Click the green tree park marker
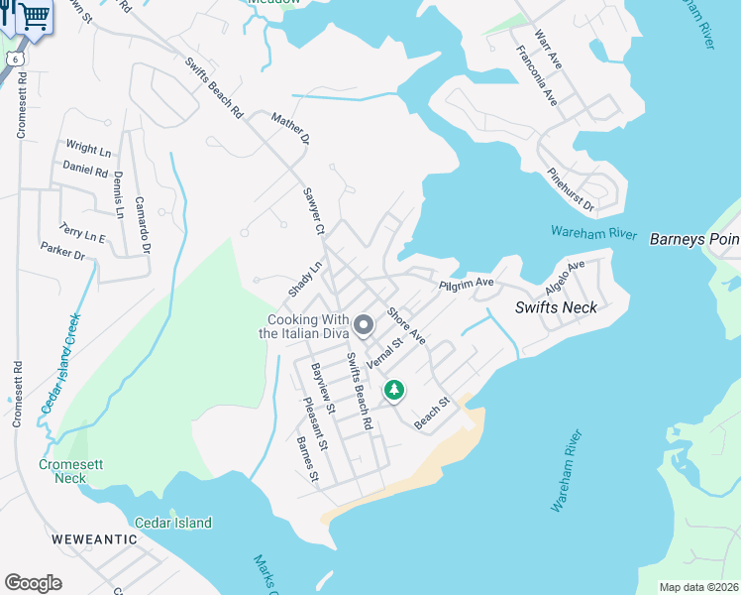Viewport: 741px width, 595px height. pyautogui.click(x=394, y=390)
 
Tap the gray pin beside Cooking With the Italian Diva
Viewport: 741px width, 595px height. pyautogui.click(x=364, y=324)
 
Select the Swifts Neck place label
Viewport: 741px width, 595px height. pyautogui.click(x=556, y=307)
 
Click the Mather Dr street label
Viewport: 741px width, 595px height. pyautogui.click(x=291, y=129)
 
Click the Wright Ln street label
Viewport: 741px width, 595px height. pyautogui.click(x=87, y=149)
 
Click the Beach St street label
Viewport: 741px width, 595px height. pyautogui.click(x=432, y=415)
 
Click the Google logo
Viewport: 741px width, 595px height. pyautogui.click(x=33, y=583)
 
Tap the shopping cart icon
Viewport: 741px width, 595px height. pyautogui.click(x=34, y=17)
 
